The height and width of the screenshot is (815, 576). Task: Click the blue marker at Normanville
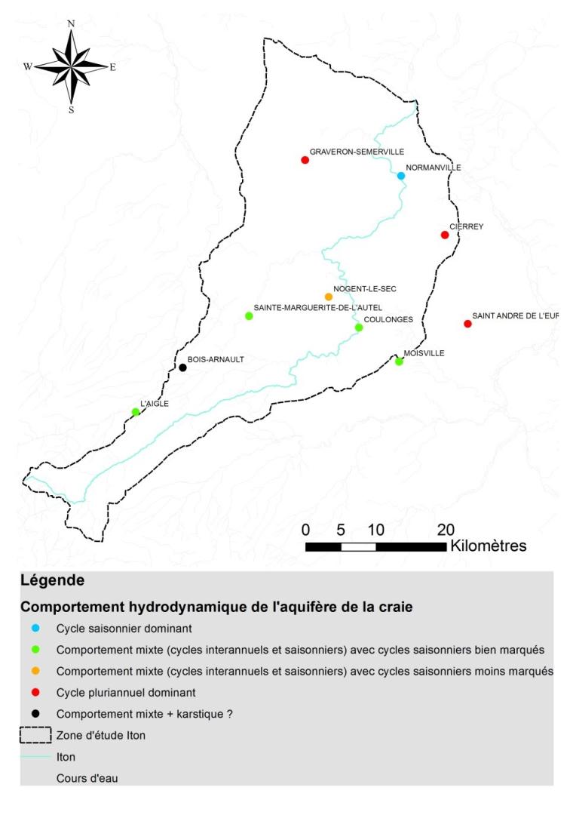401,176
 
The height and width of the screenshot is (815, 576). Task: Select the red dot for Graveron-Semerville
305,160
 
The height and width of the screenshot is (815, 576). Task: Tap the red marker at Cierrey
445,235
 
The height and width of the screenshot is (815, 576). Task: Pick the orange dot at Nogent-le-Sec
328,297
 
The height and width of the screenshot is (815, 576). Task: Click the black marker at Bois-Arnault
182,368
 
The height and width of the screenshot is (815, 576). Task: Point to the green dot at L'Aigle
136,412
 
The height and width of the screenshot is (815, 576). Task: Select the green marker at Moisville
399,361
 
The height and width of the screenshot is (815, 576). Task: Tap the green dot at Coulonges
359,328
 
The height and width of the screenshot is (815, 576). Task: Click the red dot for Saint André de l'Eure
467,324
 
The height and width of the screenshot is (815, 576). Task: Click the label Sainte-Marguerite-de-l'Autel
318,307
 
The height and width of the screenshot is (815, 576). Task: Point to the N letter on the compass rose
71,23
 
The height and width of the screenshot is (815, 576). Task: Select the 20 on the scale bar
444,528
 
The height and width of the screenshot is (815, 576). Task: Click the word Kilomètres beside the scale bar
488,545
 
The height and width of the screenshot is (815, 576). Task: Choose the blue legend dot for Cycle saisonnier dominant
35,628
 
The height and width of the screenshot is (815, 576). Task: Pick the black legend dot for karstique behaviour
35,713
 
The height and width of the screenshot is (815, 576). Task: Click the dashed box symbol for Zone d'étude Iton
35,735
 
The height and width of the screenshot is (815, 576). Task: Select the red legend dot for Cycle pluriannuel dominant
35,692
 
